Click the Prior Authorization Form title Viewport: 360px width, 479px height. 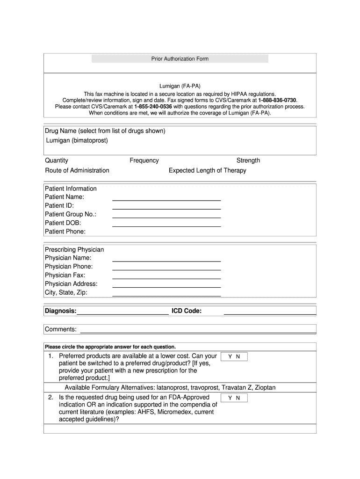[180, 59]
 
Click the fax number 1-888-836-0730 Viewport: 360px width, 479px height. [277, 100]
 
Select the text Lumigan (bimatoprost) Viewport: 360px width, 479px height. [77, 140]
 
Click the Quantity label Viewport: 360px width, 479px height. [57, 160]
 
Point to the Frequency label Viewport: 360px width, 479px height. [144, 160]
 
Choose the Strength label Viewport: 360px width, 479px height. [248, 160]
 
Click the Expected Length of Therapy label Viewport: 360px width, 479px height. [207, 170]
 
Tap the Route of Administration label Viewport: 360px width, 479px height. [77, 170]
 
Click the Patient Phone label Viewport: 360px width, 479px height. [65, 232]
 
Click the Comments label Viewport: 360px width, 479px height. [61, 329]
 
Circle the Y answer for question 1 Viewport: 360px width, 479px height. [230, 357]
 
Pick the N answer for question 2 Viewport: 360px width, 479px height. [238, 398]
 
